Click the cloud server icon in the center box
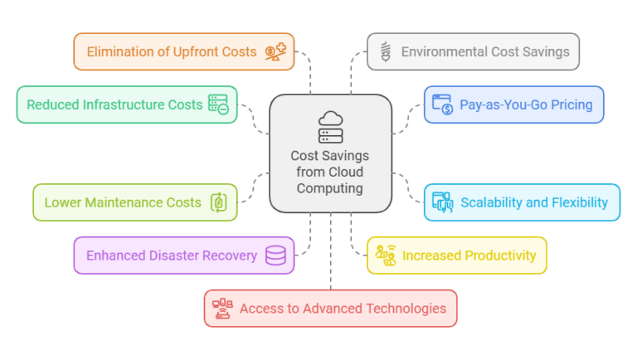330,127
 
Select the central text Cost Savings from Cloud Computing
330,172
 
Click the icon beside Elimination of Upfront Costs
275,51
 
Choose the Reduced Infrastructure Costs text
114,105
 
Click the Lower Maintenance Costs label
123,202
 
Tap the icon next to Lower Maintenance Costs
219,202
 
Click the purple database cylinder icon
275,255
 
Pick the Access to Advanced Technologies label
343,309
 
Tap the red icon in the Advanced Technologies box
222,309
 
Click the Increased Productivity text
469,255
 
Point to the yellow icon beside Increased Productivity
385,255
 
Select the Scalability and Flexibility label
534,202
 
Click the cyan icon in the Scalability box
442,202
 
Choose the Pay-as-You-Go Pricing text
525,105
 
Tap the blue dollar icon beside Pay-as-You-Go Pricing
442,105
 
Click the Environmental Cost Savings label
485,51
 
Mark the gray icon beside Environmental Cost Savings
385,51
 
